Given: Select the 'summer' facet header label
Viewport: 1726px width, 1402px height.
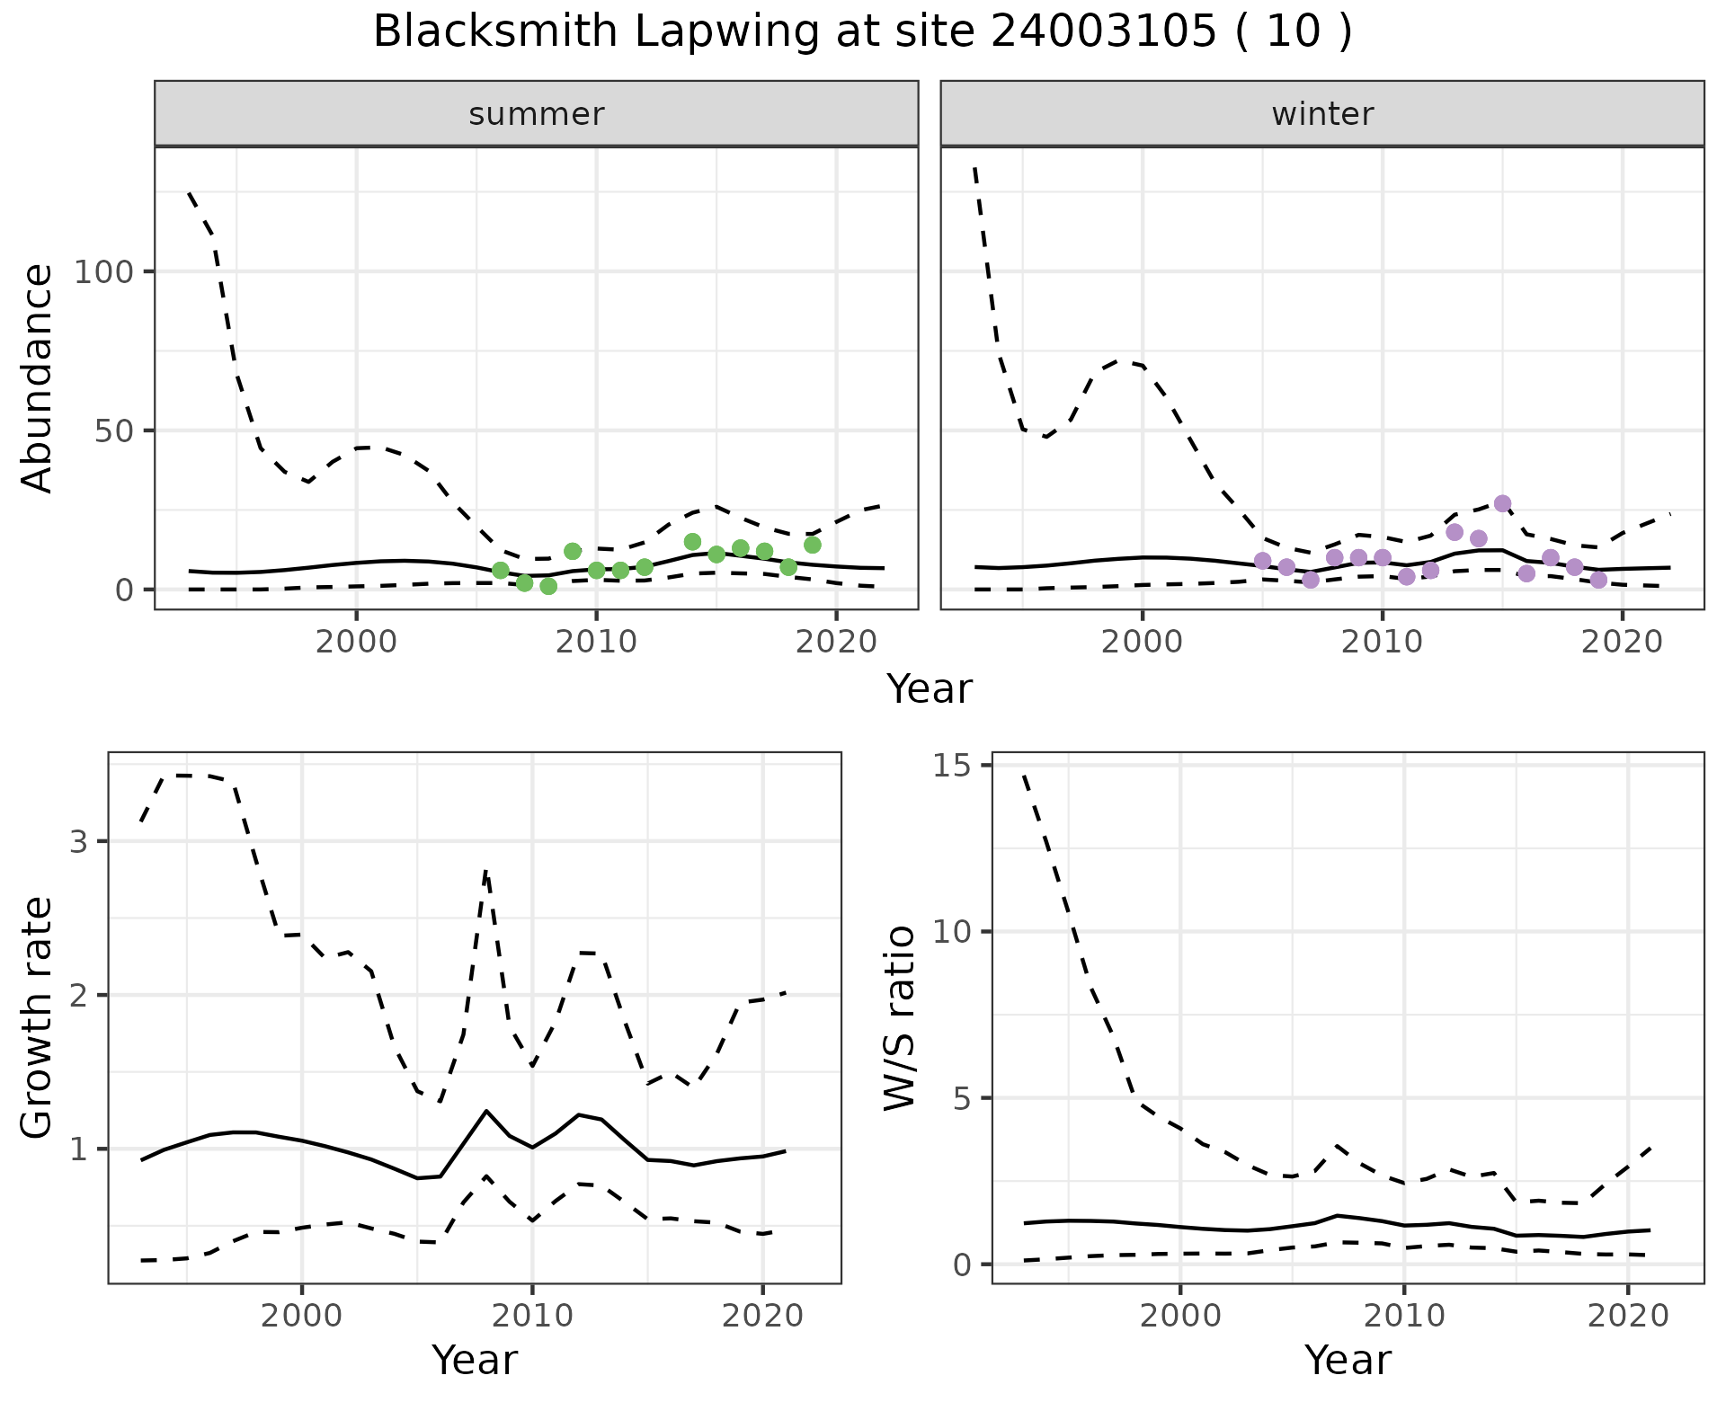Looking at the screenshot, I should (537, 114).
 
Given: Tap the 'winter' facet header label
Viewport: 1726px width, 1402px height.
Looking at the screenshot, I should (1322, 114).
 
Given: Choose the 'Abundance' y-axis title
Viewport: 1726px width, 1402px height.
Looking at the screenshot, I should (38, 377).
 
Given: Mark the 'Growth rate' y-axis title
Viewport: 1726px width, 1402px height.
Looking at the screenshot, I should (38, 1018).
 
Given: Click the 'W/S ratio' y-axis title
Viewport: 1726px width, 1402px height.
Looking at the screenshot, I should (899, 1018).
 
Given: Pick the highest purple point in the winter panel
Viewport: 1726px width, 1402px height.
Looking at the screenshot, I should (1502, 503).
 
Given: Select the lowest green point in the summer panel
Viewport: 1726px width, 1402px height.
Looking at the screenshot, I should (548, 586).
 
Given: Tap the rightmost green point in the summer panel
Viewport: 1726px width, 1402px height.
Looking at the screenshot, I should (813, 545).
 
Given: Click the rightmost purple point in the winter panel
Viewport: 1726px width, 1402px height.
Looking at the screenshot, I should (1598, 580).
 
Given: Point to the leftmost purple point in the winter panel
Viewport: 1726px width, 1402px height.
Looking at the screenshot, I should (1262, 561).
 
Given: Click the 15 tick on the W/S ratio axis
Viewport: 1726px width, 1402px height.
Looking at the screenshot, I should (958, 766).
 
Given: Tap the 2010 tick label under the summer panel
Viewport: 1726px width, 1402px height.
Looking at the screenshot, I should (596, 642).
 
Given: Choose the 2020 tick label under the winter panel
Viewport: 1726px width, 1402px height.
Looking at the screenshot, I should (1622, 642).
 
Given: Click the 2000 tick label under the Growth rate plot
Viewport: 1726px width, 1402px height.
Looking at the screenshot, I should (302, 1316).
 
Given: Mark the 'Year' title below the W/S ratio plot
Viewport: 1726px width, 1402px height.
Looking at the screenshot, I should (1348, 1360).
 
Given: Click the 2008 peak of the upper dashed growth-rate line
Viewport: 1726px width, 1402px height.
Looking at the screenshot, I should (485, 871).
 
